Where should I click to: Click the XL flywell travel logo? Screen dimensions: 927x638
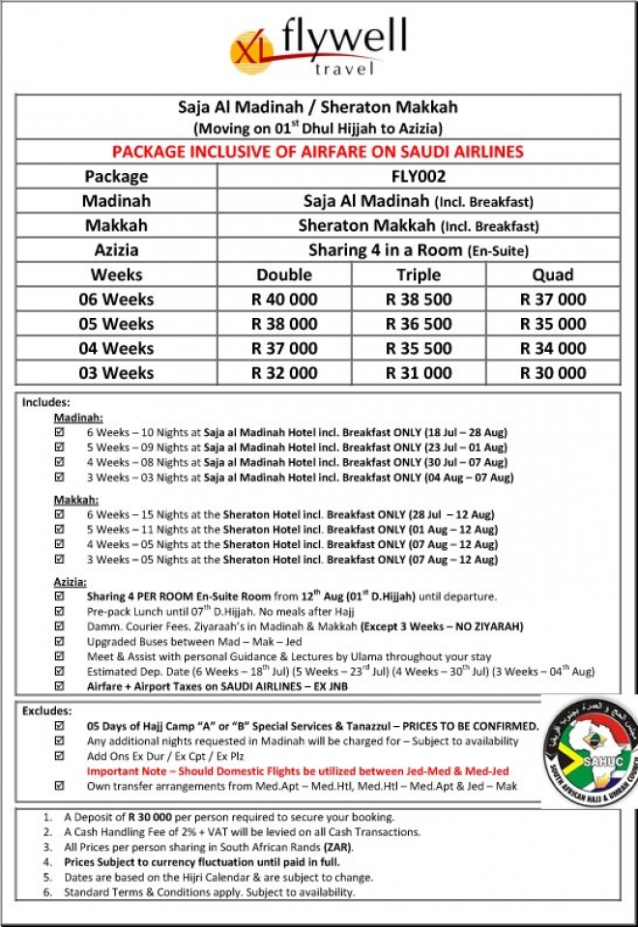click(x=318, y=45)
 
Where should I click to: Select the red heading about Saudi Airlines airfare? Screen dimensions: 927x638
click(x=318, y=152)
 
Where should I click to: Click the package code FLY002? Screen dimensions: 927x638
click(x=419, y=177)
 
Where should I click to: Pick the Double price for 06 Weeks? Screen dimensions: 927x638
click(x=284, y=300)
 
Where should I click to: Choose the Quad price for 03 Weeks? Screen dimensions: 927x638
click(x=553, y=373)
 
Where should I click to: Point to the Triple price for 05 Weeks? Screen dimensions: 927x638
click(x=419, y=324)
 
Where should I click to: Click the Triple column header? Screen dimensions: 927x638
click(x=419, y=275)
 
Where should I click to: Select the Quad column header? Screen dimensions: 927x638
click(x=553, y=275)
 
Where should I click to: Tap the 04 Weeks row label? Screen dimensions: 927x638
click(x=115, y=349)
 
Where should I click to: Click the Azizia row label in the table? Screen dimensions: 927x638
click(x=115, y=249)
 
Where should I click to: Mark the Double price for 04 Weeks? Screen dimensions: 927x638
click(x=284, y=349)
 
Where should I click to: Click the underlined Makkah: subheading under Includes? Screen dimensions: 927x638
click(x=74, y=500)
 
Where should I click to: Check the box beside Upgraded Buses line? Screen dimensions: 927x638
click(x=60, y=641)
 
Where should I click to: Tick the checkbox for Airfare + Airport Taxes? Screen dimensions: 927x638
click(x=60, y=685)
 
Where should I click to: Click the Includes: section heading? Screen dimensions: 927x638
click(x=45, y=401)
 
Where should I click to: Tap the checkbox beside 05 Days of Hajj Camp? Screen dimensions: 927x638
click(x=60, y=726)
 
